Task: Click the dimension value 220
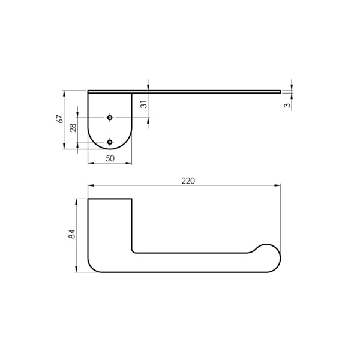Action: coord(188,181)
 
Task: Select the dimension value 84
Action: coord(72,234)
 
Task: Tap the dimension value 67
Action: coord(59,119)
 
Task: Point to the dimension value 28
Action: coord(73,128)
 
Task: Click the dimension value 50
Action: coord(110,158)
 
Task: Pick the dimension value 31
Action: coord(144,104)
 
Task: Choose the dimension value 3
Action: coord(287,106)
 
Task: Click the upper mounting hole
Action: coord(110,118)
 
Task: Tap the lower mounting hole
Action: coord(110,142)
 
